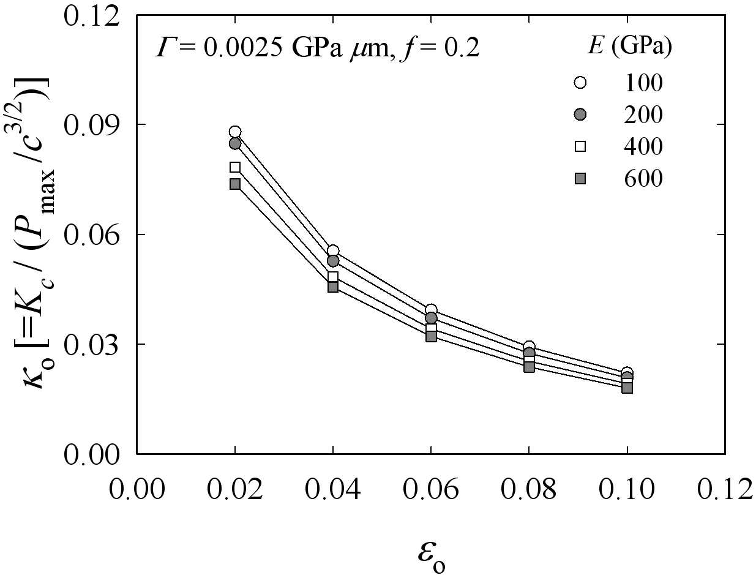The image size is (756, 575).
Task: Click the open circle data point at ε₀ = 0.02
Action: pyautogui.click(x=235, y=132)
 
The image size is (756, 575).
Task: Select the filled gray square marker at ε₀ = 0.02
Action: pyautogui.click(x=235, y=184)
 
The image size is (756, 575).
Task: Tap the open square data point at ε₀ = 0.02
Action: pyautogui.click(x=235, y=167)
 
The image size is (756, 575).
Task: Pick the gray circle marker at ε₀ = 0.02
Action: pyautogui.click(x=235, y=143)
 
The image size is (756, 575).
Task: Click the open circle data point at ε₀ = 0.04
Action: pyautogui.click(x=333, y=250)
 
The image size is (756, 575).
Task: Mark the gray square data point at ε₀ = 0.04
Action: pyautogui.click(x=333, y=287)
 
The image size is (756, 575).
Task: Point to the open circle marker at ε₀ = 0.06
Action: pyautogui.click(x=431, y=310)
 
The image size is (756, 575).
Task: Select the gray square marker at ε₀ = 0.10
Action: pyautogui.click(x=627, y=388)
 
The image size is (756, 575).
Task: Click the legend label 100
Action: pyautogui.click(x=643, y=83)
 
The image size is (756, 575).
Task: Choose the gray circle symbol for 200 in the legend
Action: pyautogui.click(x=580, y=115)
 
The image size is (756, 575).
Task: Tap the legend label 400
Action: pyautogui.click(x=643, y=146)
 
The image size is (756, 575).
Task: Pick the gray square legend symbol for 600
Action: pyautogui.click(x=580, y=178)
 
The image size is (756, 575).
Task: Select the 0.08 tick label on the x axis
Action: pyautogui.click(x=529, y=489)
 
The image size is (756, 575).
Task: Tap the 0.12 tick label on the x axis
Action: pyautogui.click(x=725, y=489)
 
